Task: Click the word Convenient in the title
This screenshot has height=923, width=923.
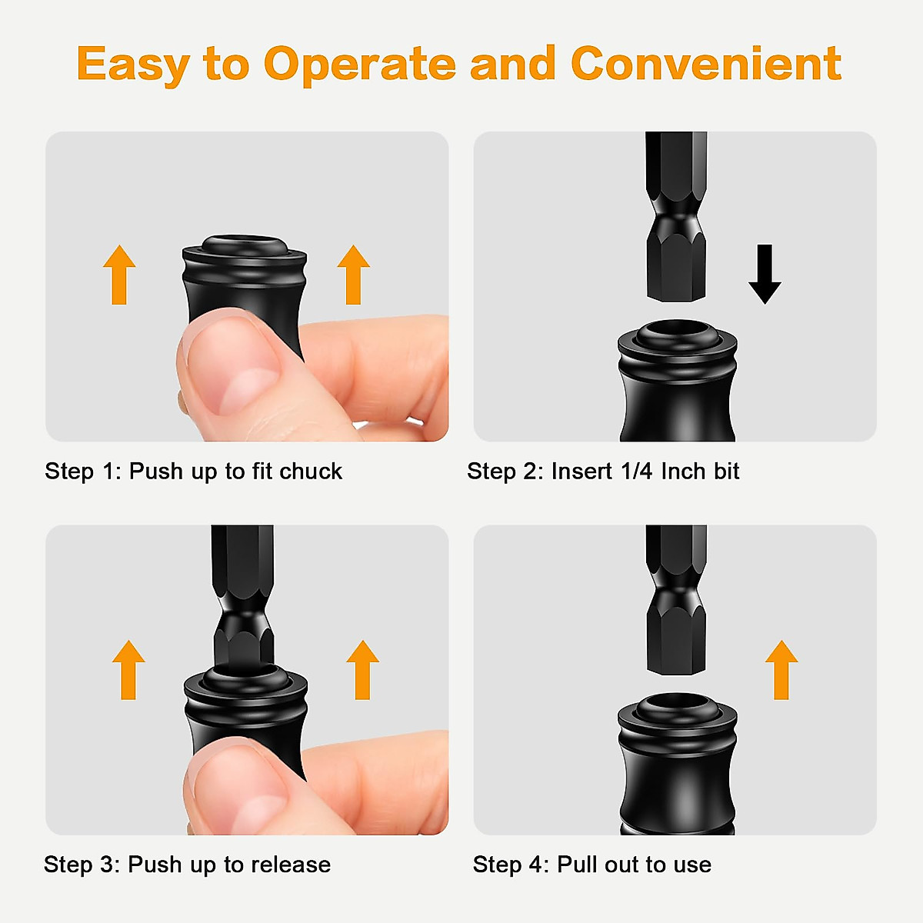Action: pos(705,63)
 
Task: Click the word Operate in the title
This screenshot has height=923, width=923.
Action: pos(359,65)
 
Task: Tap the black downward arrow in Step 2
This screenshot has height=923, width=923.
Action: pos(765,275)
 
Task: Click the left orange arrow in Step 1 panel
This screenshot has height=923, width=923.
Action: pos(119,275)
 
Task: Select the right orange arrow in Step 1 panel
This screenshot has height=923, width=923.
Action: pos(354,275)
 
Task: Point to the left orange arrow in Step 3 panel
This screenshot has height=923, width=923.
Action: pos(128,669)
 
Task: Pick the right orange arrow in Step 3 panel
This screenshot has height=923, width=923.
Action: pos(362,669)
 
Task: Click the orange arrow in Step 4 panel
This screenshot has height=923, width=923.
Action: pos(781,669)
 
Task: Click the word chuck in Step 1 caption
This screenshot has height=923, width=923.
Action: pos(311,471)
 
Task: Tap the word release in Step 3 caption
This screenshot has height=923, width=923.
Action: pos(291,865)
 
